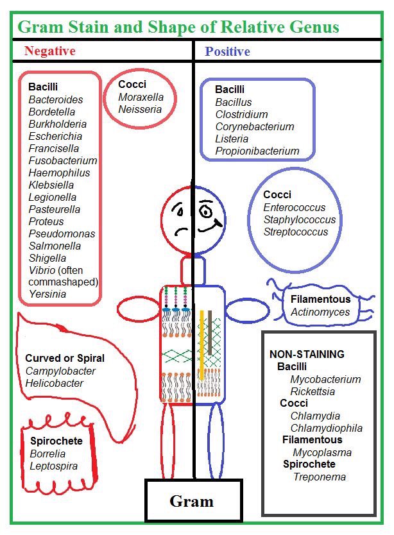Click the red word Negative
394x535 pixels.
pos(49,51)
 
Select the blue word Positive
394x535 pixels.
pos(227,51)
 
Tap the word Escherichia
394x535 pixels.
pos(55,136)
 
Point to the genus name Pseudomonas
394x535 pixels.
pos(62,234)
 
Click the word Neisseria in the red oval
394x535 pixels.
pos(140,109)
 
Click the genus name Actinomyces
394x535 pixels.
pos(320,312)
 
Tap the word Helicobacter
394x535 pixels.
pos(55,383)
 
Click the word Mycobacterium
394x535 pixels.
pos(325,379)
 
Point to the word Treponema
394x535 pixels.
pos(320,477)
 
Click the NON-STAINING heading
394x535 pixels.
pos(307,354)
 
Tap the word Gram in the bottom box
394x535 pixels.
pos(191,501)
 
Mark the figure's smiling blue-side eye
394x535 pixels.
pos(206,210)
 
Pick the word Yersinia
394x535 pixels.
pos(47,294)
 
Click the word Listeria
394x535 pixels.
pos(232,139)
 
